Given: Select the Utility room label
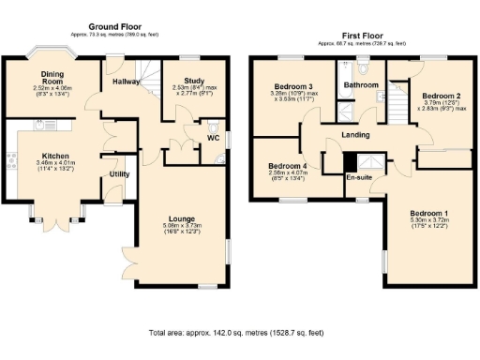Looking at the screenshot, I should pos(119,174).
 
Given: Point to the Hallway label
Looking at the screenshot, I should pos(125,82).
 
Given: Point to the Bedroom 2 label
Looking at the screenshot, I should pos(441,97).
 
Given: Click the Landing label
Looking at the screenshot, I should pos(355,135).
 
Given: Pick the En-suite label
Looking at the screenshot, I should pos(358,177).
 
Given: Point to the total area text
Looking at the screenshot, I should pos(240,333).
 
